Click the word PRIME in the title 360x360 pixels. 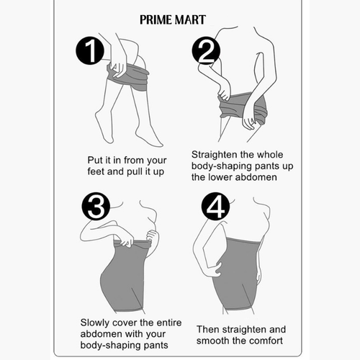(156, 20)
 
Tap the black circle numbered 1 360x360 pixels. (90, 50)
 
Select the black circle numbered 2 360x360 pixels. (206, 50)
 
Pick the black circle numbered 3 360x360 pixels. (96, 206)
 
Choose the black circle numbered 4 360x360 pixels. (215, 206)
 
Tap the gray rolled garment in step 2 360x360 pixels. (243, 106)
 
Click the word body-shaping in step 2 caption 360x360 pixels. (221, 166)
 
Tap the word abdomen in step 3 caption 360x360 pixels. (100, 334)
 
